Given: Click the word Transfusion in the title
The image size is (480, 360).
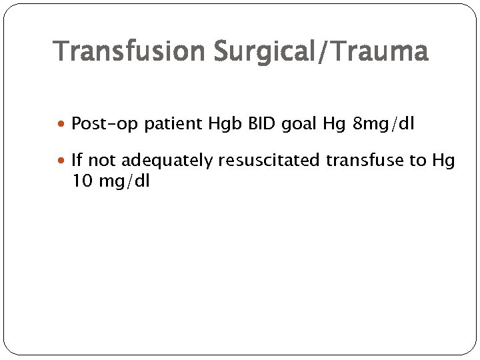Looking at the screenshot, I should coord(131,51).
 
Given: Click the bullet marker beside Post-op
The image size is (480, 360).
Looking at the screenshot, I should coord(63,124).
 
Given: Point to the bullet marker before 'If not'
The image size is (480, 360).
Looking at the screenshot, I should coord(63,161).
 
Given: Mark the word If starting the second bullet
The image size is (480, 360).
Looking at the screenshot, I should coord(77,161).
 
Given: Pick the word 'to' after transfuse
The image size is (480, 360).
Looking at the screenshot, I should coord(418,161).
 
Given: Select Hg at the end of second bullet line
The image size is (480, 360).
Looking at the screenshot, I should coord(443,161).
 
